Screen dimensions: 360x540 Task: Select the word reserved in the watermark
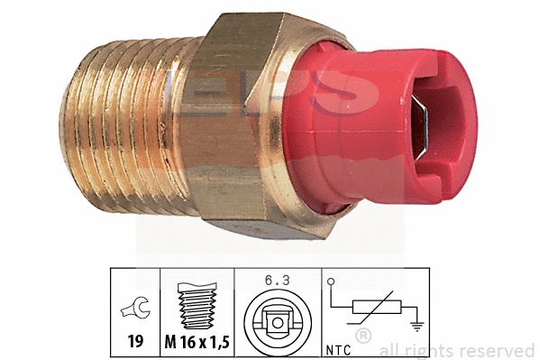[x=499, y=350]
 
